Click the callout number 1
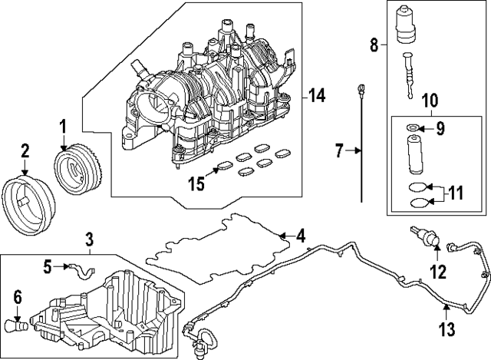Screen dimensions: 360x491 pos(64,124)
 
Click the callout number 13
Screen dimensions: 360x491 pos(448,330)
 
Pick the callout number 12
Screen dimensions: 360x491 pos(437,271)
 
